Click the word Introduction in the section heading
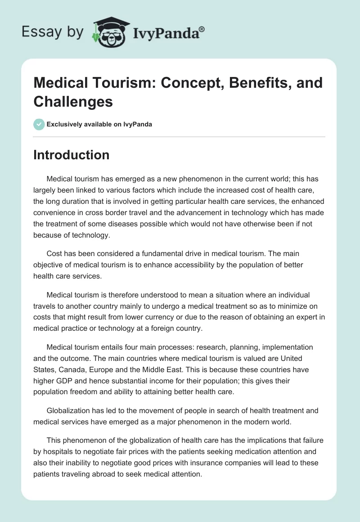tap(71, 155)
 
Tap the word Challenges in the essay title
tap(73, 101)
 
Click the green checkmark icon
tap(39, 124)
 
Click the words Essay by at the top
tap(53, 32)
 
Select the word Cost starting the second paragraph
tap(54, 254)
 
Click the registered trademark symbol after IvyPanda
tap(202, 29)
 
